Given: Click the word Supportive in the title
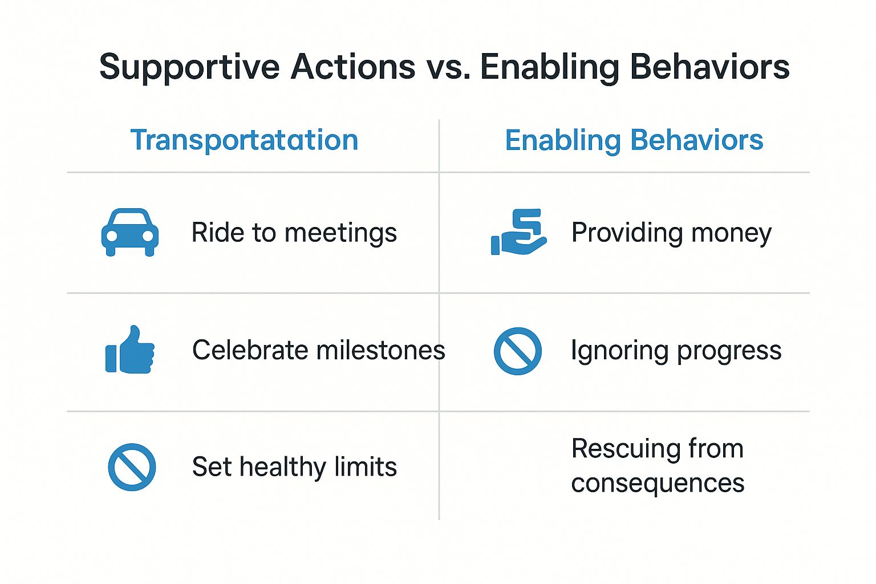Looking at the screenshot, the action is click(190, 68).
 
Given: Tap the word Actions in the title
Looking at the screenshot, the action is click(352, 67).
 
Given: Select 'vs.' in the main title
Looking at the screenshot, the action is click(448, 70).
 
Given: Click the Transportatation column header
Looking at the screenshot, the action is click(245, 140).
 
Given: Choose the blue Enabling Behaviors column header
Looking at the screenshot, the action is click(634, 140).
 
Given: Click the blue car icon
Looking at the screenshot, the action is click(130, 232).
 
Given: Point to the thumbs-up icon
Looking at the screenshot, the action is click(130, 349).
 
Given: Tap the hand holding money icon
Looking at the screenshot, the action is click(518, 232).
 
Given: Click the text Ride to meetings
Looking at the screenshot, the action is click(294, 233).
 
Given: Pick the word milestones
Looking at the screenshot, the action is click(381, 350).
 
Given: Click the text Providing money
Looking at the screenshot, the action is click(671, 233).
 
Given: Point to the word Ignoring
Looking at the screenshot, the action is click(619, 351).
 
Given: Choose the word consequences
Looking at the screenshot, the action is click(658, 484).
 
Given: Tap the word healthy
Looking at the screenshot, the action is click(283, 468).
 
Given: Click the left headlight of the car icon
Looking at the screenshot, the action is click(112, 236).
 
